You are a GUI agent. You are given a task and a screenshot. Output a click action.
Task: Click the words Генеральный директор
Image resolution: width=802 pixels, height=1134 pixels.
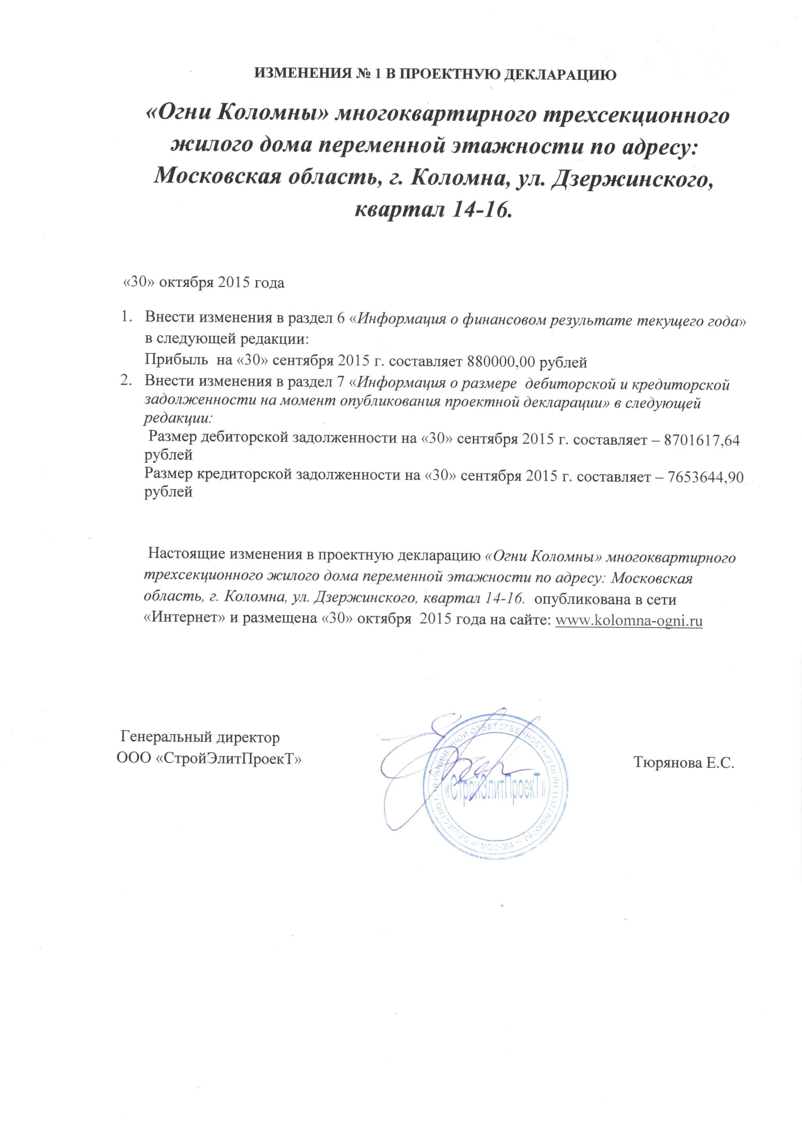[200, 738]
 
